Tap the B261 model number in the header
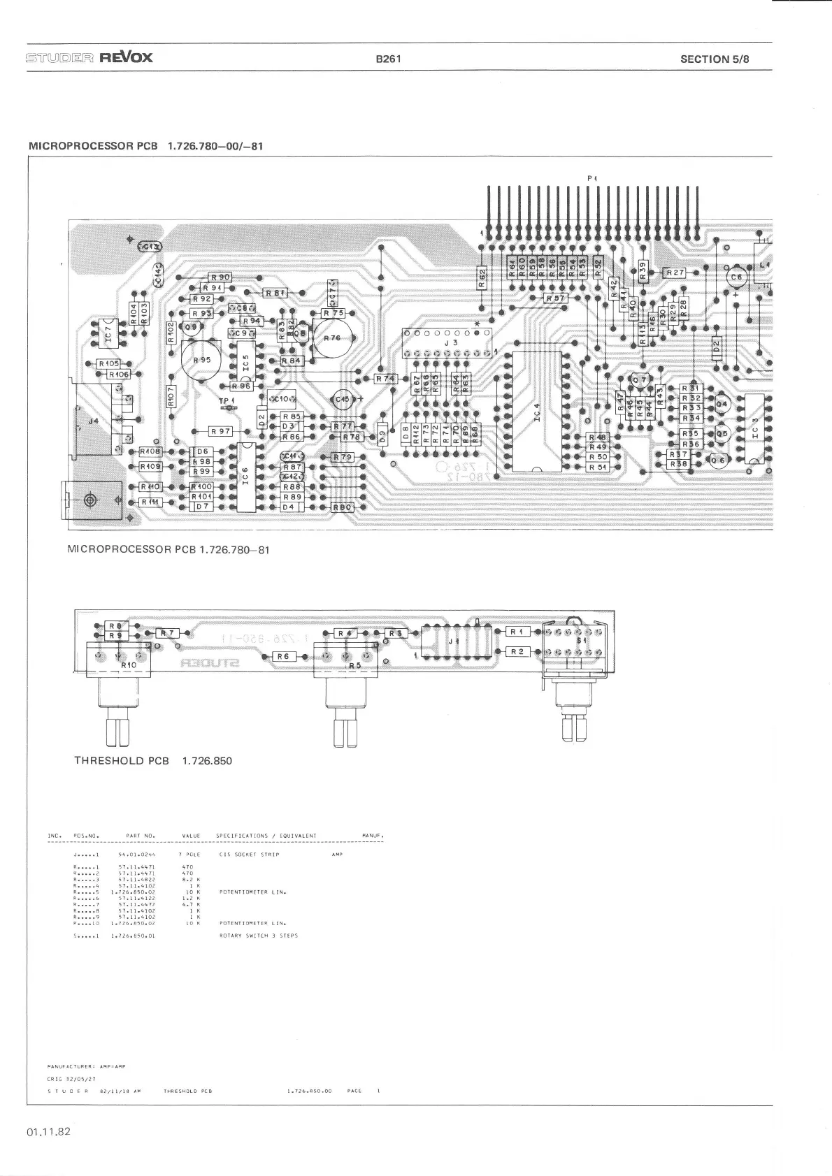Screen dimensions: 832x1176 [x=388, y=59]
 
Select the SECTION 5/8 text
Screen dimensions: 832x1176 [x=714, y=59]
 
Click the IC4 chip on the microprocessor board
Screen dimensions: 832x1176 [x=537, y=412]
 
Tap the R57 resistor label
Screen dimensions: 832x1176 [x=556, y=298]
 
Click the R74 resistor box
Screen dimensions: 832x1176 [x=385, y=379]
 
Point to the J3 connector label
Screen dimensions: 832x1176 [x=454, y=343]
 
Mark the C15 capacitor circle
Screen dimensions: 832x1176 [x=343, y=400]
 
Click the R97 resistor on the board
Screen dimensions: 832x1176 [x=221, y=432]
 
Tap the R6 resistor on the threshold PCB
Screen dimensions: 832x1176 [x=283, y=656]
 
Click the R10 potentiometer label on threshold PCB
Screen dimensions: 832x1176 [x=128, y=665]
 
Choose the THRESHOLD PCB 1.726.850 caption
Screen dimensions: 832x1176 [x=153, y=760]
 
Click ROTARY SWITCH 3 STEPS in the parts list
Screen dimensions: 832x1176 [x=259, y=935]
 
